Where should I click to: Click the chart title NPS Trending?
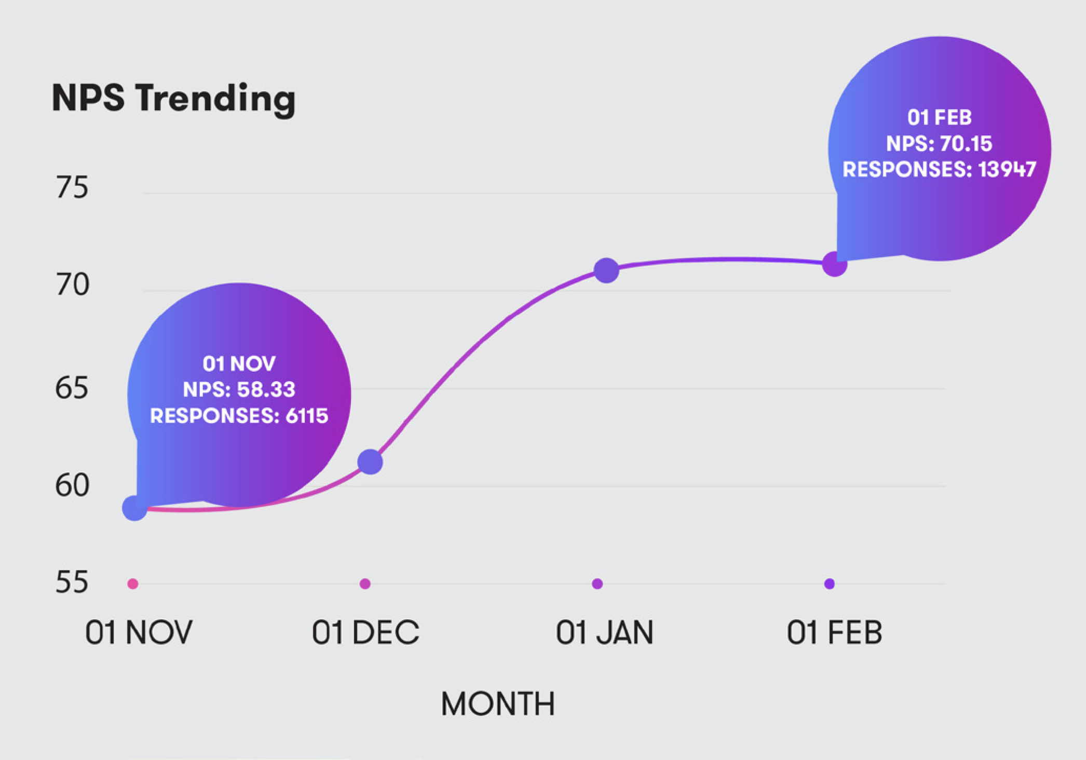(173, 99)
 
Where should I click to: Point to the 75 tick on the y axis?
(72, 187)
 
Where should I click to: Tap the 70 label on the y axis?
(72, 284)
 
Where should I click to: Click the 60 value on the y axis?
(72, 485)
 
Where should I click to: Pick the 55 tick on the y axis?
(72, 582)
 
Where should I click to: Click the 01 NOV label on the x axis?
(139, 632)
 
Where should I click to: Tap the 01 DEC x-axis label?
(365, 632)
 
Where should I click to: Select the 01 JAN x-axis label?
(605, 632)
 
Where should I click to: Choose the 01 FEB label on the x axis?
(835, 632)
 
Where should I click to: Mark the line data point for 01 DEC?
(370, 462)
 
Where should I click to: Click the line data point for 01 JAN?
(606, 270)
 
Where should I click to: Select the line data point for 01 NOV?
(135, 508)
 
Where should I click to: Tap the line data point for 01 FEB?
(835, 264)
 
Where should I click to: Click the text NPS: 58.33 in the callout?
(239, 389)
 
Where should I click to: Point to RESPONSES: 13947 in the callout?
(940, 169)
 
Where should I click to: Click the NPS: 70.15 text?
(940, 143)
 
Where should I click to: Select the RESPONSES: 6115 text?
(239, 415)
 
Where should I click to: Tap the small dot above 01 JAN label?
(598, 583)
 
